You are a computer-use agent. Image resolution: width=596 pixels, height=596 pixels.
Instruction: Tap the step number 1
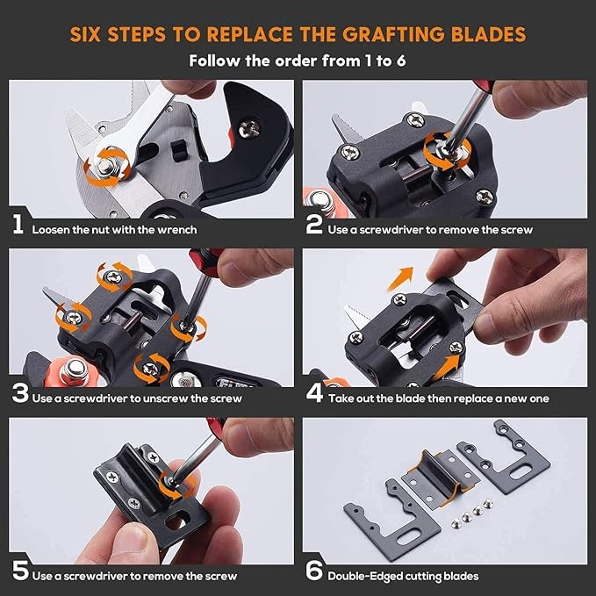[18, 224]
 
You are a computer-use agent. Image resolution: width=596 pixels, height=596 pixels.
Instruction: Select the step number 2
[314, 224]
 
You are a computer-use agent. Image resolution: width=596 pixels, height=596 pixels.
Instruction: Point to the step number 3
[20, 393]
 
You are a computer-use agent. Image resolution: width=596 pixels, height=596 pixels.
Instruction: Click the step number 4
[314, 393]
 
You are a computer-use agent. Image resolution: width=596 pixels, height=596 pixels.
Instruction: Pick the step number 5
[20, 571]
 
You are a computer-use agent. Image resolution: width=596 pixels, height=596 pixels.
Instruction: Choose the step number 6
[314, 571]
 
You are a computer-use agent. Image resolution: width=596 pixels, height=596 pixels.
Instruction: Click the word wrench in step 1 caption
[177, 230]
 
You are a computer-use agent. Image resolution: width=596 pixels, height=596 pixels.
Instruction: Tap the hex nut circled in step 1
[105, 166]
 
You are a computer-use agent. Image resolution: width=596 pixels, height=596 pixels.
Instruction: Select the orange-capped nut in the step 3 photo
[72, 370]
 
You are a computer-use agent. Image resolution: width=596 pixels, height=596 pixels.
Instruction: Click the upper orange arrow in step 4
[400, 278]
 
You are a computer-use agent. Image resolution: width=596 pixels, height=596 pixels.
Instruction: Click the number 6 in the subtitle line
[401, 61]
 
